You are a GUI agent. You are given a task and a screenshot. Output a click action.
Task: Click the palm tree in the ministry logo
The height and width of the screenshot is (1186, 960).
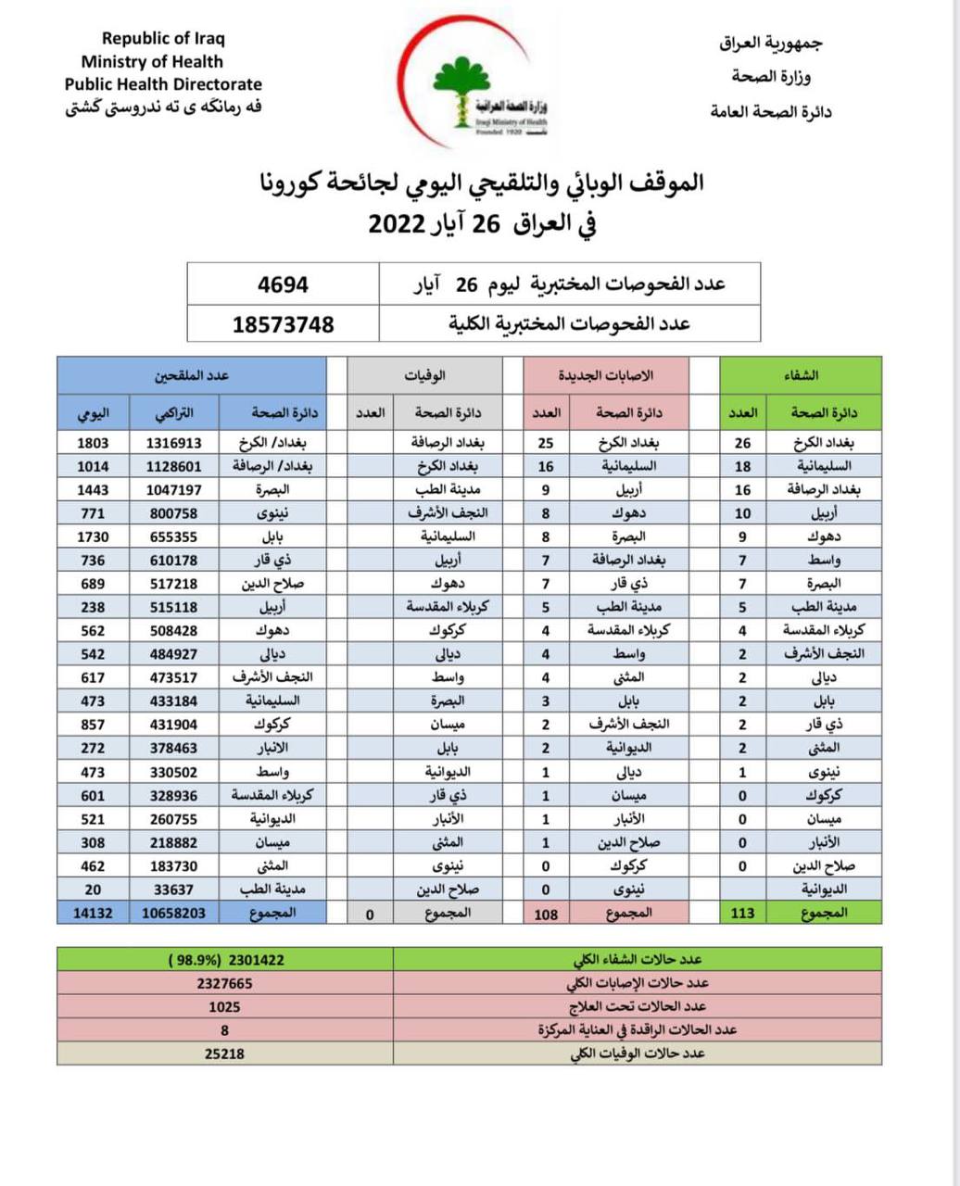pyautogui.click(x=461, y=83)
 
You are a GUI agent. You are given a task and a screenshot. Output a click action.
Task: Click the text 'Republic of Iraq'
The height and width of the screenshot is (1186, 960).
pyautogui.click(x=163, y=39)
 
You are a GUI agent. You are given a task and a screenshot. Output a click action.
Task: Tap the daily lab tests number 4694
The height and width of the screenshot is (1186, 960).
pyautogui.click(x=283, y=284)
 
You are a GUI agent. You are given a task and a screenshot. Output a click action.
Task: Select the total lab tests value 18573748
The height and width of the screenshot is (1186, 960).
pyautogui.click(x=283, y=324)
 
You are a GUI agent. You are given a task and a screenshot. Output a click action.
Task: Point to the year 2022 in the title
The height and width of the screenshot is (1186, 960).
pyautogui.click(x=396, y=224)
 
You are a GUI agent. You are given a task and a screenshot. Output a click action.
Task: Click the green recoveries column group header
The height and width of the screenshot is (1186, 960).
pyautogui.click(x=801, y=375)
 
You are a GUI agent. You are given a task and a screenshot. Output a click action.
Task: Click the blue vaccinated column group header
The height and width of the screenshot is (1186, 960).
pyautogui.click(x=192, y=375)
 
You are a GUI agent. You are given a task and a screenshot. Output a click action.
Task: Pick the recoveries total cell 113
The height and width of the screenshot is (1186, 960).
pyautogui.click(x=742, y=913)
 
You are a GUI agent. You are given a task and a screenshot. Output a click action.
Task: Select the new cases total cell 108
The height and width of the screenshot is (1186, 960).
pyautogui.click(x=546, y=913)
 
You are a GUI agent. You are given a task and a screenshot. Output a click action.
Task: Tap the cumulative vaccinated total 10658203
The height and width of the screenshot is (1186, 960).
pyautogui.click(x=173, y=913)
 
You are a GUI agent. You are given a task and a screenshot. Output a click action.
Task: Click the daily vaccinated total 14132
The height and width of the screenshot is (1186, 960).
pyautogui.click(x=93, y=913)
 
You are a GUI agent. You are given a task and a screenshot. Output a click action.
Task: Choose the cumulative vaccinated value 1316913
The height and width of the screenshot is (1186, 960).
pyautogui.click(x=173, y=443)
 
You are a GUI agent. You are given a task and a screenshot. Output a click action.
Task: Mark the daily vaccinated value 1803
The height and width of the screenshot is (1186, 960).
pyautogui.click(x=93, y=443)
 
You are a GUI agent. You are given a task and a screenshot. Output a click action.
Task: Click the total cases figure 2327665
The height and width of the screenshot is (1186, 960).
pyautogui.click(x=224, y=983)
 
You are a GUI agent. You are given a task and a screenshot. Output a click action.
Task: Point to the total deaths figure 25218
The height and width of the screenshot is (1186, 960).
pyautogui.click(x=224, y=1054)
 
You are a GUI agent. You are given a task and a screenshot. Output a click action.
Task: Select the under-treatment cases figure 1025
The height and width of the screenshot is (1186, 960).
pyautogui.click(x=224, y=1006)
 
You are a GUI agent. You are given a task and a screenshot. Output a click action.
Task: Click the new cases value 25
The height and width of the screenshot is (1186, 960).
pyautogui.click(x=546, y=443)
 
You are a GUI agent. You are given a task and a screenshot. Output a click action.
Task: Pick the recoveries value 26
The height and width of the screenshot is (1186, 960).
pyautogui.click(x=742, y=443)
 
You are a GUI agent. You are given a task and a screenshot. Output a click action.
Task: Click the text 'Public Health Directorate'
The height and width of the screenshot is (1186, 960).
pyautogui.click(x=163, y=84)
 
